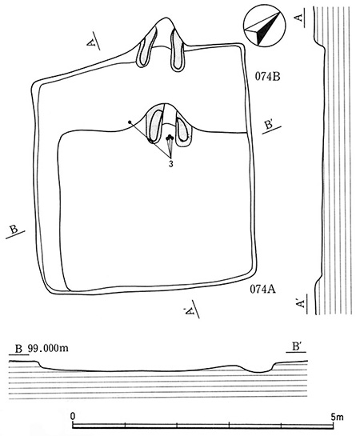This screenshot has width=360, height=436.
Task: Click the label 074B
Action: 267,76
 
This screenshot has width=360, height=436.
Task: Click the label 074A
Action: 262,290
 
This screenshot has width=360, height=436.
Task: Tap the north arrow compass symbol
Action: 264,29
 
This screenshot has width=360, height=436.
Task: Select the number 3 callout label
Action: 171,164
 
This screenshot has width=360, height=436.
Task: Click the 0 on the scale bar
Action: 73,416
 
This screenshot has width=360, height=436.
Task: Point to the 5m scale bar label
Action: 337,416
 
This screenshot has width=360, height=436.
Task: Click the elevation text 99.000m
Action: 48,348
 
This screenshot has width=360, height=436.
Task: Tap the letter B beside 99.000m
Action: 18,349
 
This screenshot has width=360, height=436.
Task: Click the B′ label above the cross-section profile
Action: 296,346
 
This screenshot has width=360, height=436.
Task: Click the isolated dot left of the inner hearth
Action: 130,122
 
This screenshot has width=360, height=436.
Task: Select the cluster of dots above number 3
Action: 170,138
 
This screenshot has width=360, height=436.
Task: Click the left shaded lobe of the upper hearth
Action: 146,50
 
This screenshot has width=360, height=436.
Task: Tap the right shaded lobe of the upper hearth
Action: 178,50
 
